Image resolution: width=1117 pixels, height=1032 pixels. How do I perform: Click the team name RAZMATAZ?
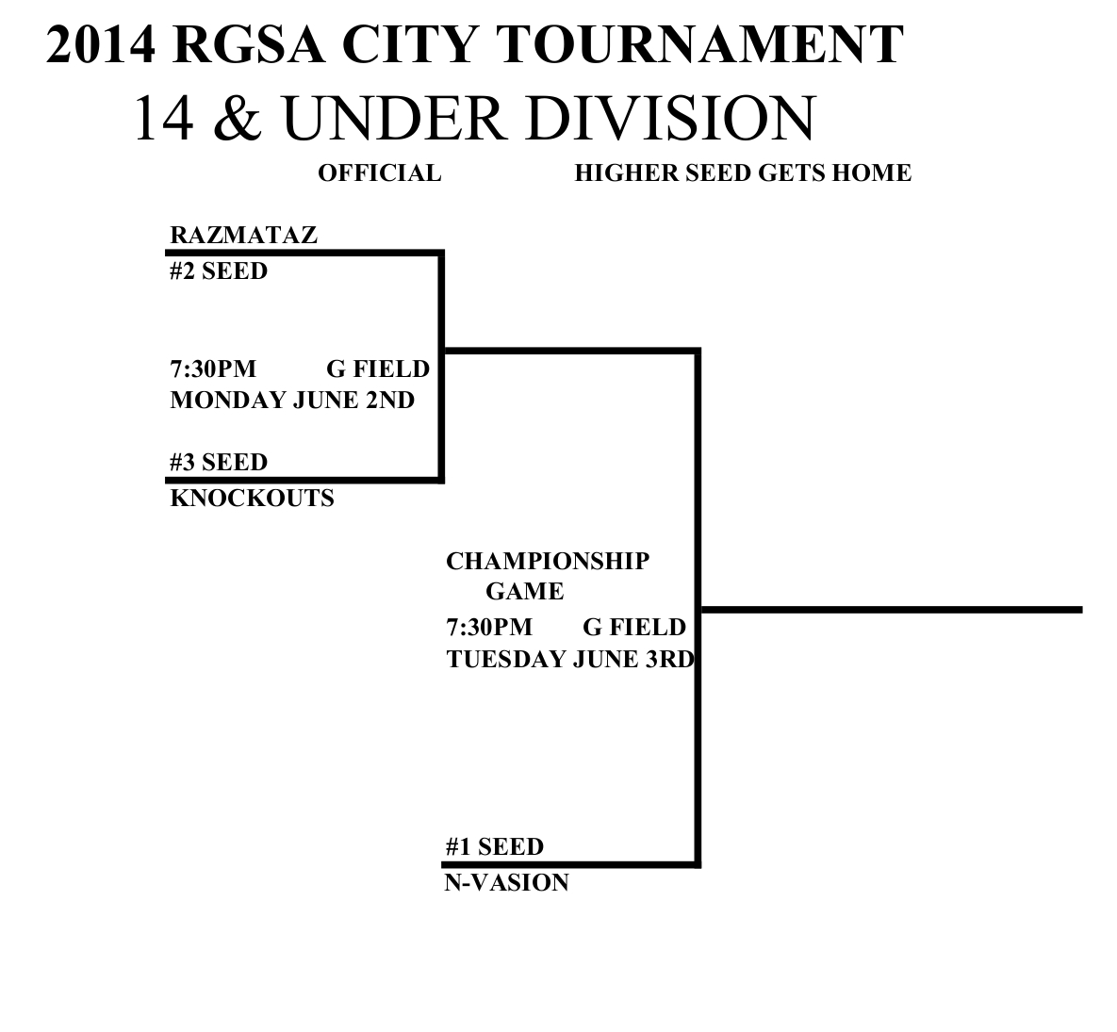point(243,236)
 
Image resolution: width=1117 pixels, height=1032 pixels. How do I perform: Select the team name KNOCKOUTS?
point(252,499)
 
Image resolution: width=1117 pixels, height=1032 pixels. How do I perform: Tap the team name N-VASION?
point(506,883)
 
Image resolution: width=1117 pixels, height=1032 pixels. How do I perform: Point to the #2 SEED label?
point(219,271)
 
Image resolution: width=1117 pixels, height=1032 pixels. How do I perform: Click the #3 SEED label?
point(219,463)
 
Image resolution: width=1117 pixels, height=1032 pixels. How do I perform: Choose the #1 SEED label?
point(494,847)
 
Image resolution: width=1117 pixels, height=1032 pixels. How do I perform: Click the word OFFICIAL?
point(379,173)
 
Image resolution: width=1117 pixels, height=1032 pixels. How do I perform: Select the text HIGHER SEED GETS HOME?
point(742,173)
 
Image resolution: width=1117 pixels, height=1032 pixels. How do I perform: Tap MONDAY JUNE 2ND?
point(292,401)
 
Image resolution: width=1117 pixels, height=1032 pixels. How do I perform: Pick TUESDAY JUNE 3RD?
point(569,659)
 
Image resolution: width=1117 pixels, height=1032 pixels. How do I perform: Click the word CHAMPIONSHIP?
point(547,562)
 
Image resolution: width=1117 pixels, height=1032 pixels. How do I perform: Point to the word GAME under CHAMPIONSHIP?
point(524,592)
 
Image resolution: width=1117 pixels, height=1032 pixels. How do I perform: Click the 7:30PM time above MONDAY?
point(213,369)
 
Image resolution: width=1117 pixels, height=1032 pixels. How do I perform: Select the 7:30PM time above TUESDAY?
point(489,628)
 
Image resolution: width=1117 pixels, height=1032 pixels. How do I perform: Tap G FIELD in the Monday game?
point(377,369)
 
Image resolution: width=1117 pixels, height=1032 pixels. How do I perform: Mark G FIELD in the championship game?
point(633,628)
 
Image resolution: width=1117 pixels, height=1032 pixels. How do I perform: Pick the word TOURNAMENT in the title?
point(698,45)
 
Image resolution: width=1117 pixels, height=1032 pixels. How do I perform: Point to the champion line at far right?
point(891,610)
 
